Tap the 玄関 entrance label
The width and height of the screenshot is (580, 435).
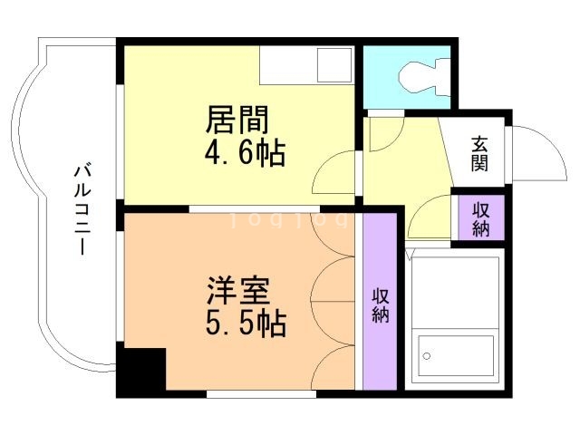click(479, 154)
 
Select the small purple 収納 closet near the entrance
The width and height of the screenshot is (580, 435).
click(479, 217)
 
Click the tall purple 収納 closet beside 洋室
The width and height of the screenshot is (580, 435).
click(380, 303)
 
